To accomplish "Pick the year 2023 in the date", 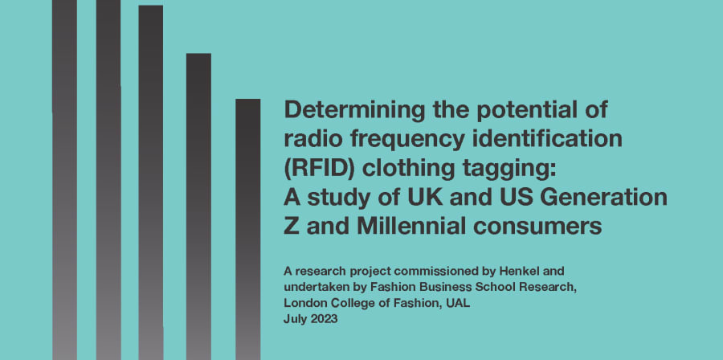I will click(x=325, y=319).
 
